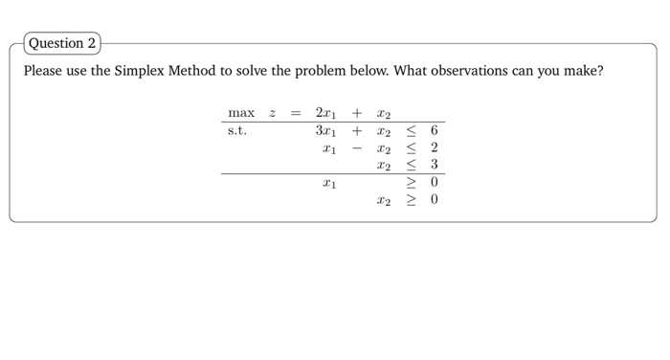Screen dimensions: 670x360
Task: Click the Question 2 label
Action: pos(62,43)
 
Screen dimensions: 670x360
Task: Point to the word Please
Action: pos(44,72)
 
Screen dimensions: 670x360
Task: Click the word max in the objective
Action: pos(241,114)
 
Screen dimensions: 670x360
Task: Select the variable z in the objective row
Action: pos(273,114)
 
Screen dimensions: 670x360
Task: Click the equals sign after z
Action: pos(296,114)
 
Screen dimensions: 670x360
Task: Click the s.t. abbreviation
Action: pos(237,131)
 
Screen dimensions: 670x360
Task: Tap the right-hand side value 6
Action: pos(434,131)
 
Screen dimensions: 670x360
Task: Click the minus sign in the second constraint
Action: pos(356,148)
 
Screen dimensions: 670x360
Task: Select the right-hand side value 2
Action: pos(434,148)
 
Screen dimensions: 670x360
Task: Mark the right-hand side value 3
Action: pos(434,166)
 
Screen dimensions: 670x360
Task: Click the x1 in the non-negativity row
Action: pos(329,183)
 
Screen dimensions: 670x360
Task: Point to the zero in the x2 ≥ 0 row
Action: pos(434,200)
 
